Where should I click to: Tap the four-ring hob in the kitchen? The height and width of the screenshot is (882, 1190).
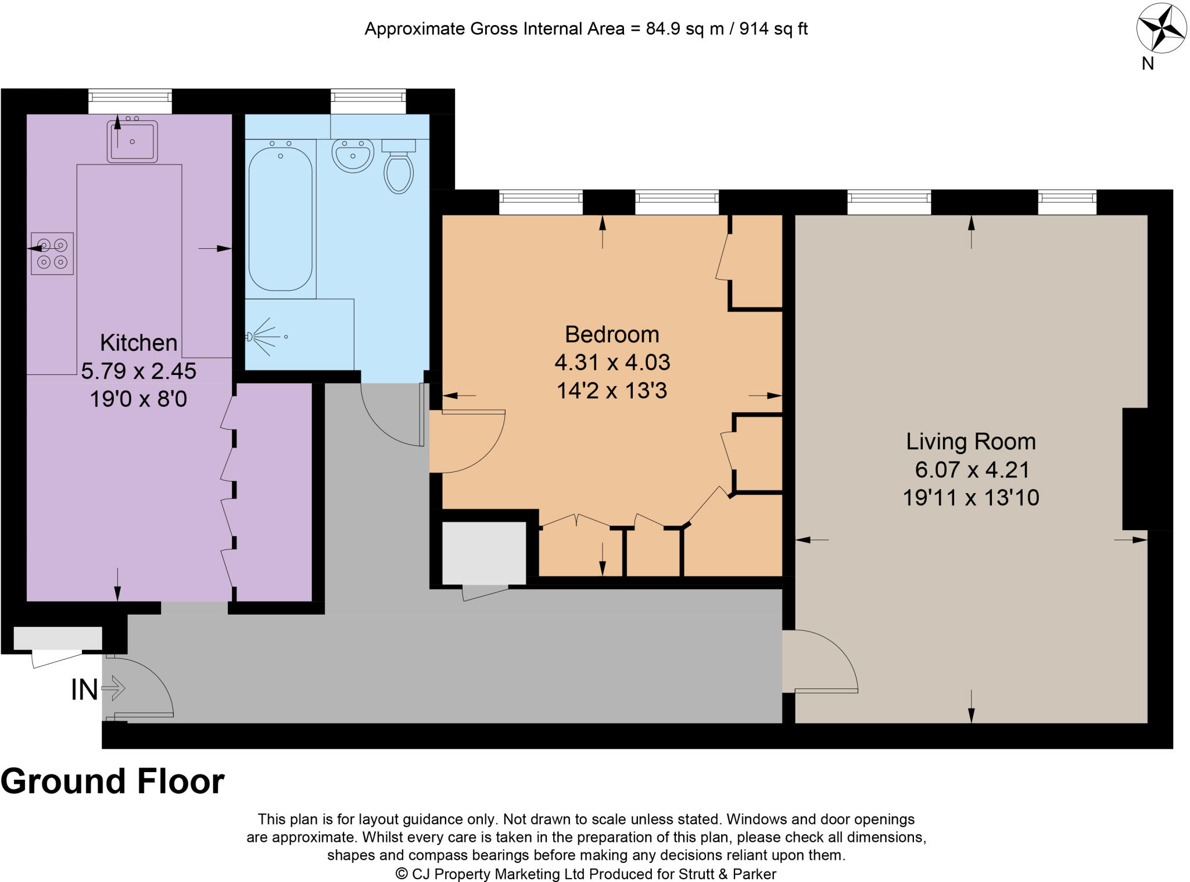click(52, 253)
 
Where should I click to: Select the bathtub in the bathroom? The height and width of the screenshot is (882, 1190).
click(281, 219)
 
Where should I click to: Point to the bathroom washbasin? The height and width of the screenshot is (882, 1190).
click(353, 155)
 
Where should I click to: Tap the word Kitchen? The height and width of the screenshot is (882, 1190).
click(138, 342)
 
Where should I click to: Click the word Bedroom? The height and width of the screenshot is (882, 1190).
click(612, 334)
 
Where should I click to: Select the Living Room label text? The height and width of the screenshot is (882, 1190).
click(971, 441)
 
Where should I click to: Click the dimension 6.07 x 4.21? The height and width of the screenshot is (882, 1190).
click(972, 469)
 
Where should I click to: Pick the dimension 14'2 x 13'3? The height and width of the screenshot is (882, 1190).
click(612, 390)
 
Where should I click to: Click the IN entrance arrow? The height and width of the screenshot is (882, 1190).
click(113, 688)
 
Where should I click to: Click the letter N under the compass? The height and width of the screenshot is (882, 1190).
click(1148, 64)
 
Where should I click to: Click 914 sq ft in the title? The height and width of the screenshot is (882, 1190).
click(773, 28)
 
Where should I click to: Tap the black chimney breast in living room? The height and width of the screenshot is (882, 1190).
click(1135, 469)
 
